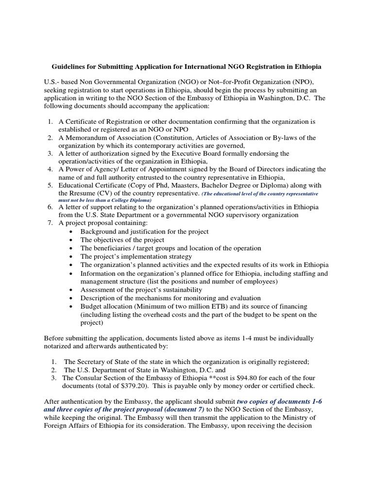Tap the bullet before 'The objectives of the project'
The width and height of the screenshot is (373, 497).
[x=71, y=240]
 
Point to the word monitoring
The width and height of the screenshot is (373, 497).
[x=209, y=298]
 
